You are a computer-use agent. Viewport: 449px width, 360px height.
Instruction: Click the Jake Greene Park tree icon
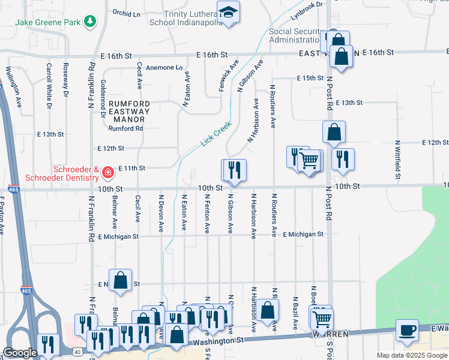pyautogui.click(x=90, y=22)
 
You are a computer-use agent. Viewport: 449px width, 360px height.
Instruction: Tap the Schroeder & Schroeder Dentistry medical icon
pyautogui.click(x=108, y=173)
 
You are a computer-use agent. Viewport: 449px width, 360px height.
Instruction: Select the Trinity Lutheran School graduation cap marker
pyautogui.click(x=228, y=13)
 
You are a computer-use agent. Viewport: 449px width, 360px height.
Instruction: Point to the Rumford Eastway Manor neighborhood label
pyautogui.click(x=130, y=112)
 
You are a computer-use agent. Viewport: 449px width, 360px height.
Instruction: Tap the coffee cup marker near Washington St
pyautogui.click(x=407, y=330)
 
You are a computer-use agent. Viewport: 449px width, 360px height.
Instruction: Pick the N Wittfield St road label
pyautogui.click(x=397, y=160)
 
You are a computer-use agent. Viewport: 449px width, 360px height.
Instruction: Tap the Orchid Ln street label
pyautogui.click(x=126, y=12)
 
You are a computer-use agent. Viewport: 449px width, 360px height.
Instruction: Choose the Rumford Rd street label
pyautogui.click(x=125, y=128)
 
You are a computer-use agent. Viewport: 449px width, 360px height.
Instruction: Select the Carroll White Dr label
pyautogui.click(x=49, y=84)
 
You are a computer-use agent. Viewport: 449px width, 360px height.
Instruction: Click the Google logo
pyautogui.click(x=20, y=353)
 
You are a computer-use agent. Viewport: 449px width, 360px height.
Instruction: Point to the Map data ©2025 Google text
pyautogui.click(x=411, y=355)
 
